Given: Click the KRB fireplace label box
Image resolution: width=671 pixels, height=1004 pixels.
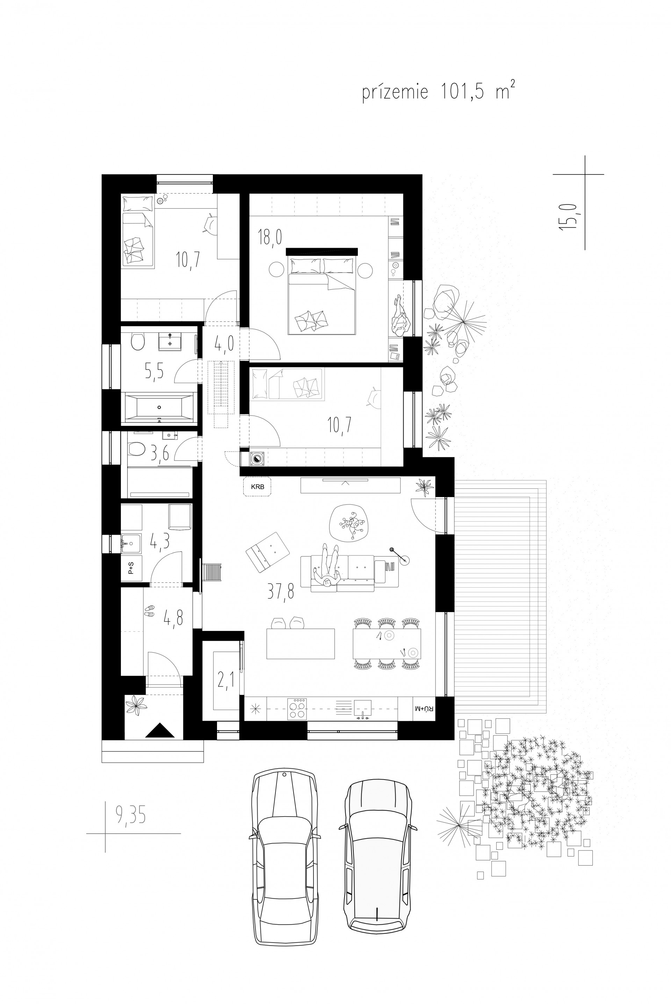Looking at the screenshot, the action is [257, 487].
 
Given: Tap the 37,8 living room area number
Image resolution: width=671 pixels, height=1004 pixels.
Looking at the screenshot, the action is [281, 592].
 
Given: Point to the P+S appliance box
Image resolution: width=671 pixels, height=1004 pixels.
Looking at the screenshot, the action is [131, 568].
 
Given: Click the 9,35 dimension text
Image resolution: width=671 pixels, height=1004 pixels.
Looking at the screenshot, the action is [131, 815].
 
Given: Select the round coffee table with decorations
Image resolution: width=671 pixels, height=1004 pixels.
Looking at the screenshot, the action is [349, 523].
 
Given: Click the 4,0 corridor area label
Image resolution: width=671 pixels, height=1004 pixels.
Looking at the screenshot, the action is [224, 343].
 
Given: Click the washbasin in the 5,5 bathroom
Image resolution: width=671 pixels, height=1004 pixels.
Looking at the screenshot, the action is [170, 342].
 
